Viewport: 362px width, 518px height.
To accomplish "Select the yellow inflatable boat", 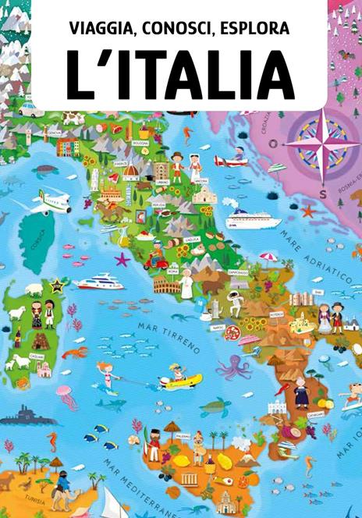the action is (180, 381).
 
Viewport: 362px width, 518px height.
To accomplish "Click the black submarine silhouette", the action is (27, 419).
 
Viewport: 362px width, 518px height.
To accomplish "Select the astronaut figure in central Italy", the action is (232, 300).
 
